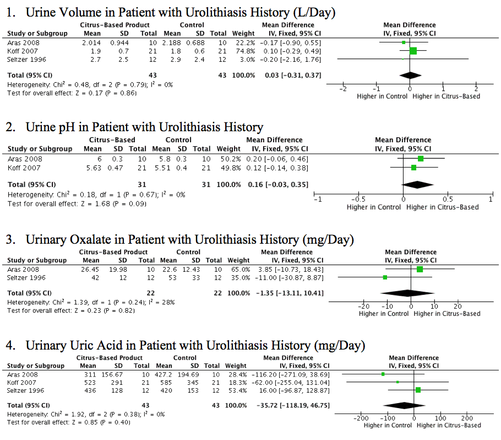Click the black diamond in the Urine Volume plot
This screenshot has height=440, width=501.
pyautogui.click(x=410, y=76)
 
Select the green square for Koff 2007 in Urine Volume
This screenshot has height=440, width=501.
pyautogui.click(x=413, y=51)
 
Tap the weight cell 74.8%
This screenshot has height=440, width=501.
pyautogui.click(x=246, y=51)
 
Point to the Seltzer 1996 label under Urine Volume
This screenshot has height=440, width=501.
pyautogui.click(x=26, y=60)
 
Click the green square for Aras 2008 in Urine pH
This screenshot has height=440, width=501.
pyautogui.click(x=421, y=159)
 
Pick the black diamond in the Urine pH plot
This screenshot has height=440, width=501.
pyautogui.click(x=418, y=185)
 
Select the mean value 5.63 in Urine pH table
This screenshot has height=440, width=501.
pyautogui.click(x=94, y=168)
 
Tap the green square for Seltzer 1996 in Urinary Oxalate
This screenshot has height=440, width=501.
pyautogui.click(x=385, y=277)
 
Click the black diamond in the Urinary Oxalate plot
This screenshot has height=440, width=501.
pyautogui.click(x=407, y=293)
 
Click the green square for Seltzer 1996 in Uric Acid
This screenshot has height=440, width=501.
pyautogui.click(x=418, y=390)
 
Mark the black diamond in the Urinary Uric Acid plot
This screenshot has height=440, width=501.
pyautogui.click(x=404, y=405)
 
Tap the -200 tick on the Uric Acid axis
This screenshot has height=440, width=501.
pyautogui.click(x=361, y=416)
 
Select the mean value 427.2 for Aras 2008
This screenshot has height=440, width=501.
pyautogui.click(x=164, y=374)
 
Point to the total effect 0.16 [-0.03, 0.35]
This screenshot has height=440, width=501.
pyautogui.click(x=278, y=185)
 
